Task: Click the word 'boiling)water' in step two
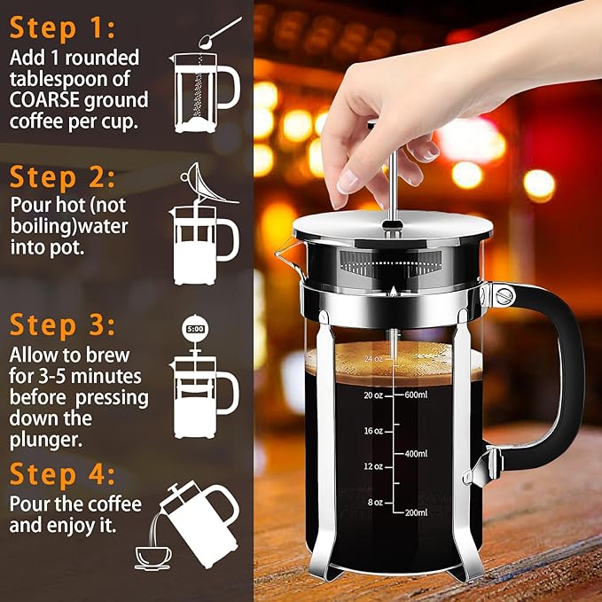pos(70,226)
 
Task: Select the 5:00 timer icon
pos(195,329)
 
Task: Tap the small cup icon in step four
pos(152,557)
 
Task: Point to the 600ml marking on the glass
pos(417,395)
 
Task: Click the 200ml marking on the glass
pos(417,513)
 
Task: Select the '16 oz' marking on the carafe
pos(372,431)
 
